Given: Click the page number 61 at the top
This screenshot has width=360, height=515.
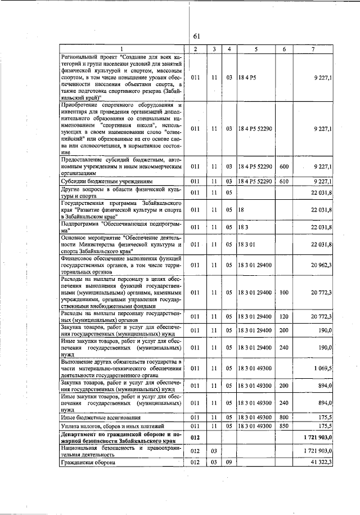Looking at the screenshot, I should point(197,36).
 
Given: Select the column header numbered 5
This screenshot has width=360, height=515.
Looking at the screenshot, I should point(256,50).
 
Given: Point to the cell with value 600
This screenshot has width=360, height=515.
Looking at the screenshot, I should point(284,166).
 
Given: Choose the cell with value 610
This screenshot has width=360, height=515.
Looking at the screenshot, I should point(284,181).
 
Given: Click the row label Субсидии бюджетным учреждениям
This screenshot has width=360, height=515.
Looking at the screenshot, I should point(99,181).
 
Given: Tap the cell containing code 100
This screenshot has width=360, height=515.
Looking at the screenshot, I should point(284,293).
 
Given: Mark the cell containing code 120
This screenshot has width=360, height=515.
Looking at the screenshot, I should point(284,317).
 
